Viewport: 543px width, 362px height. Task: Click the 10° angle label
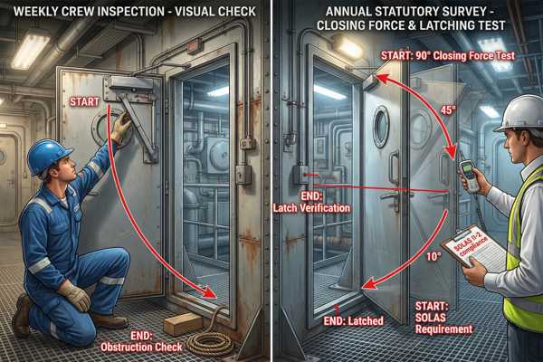(x=433, y=256)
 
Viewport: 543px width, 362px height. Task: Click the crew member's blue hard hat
(x=49, y=156)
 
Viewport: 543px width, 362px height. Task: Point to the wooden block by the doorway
(x=182, y=323)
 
